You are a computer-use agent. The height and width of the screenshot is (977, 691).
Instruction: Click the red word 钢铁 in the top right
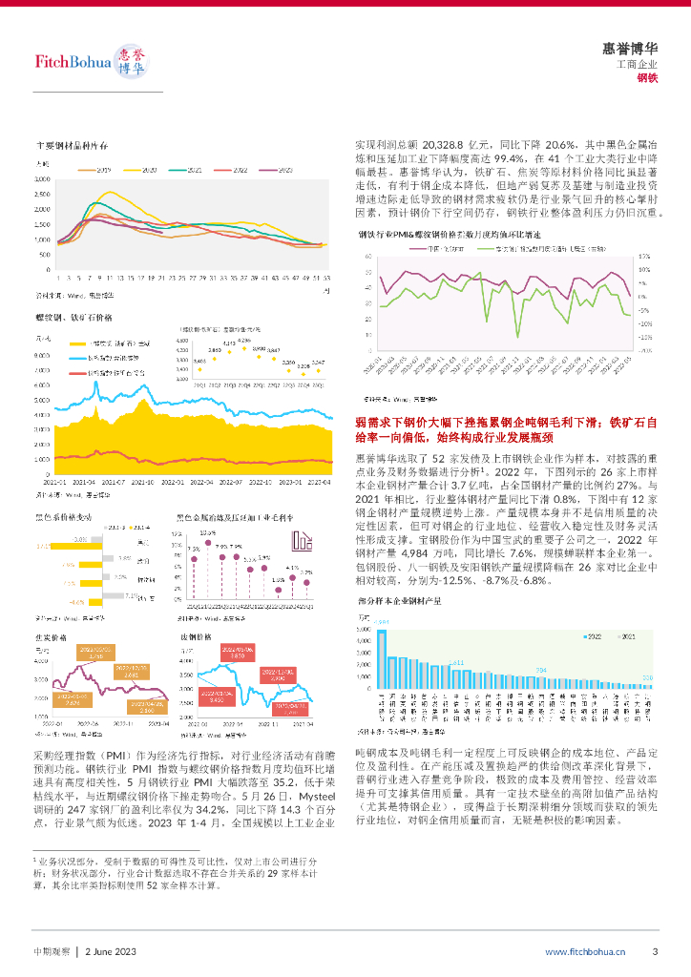(x=648, y=77)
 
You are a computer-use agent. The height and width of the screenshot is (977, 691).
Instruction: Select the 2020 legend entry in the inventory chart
(x=146, y=169)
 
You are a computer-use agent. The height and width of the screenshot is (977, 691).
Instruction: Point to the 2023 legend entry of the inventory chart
(x=280, y=169)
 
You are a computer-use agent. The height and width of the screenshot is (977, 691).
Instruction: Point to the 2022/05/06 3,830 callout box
(x=237, y=653)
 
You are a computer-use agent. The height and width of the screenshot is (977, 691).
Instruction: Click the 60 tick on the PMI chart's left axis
(x=367, y=257)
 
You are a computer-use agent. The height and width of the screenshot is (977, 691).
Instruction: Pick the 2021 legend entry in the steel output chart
(x=621, y=634)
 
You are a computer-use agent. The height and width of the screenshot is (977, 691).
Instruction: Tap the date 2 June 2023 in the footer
(x=112, y=951)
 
